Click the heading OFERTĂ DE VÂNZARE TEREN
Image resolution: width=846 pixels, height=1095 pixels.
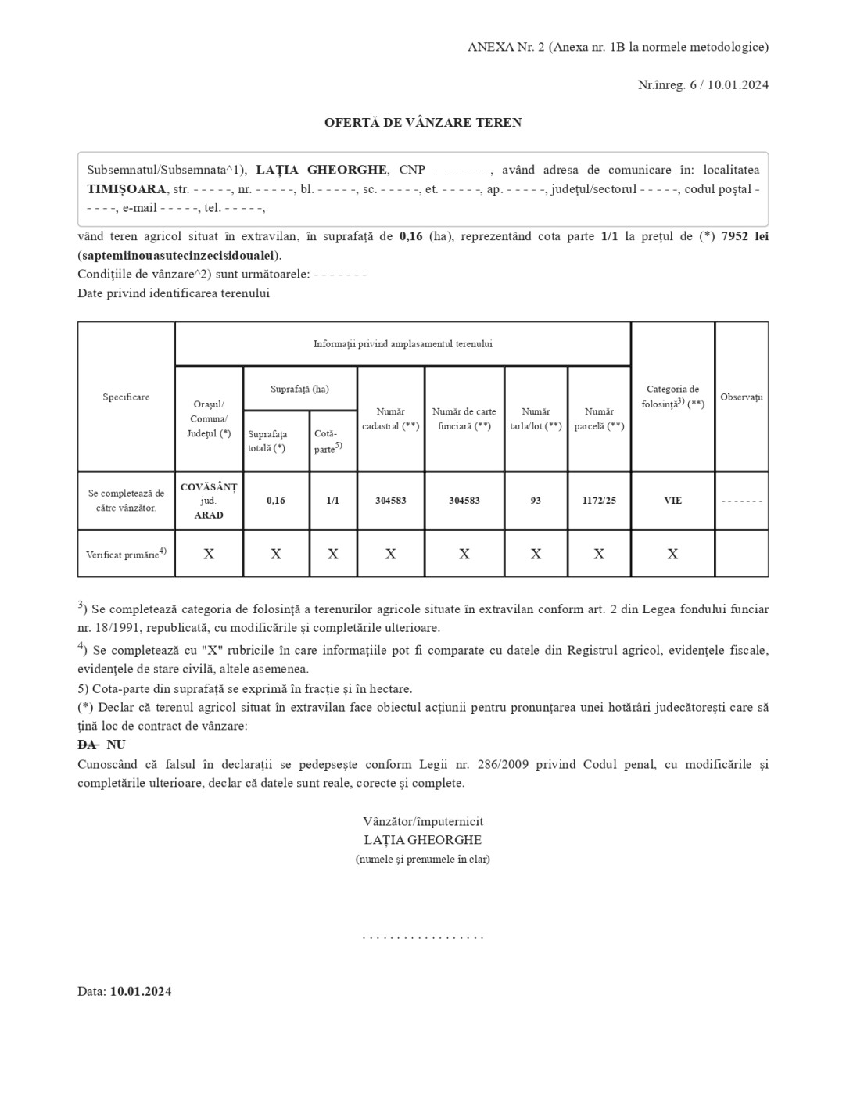(x=423, y=123)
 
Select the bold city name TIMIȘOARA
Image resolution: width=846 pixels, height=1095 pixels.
(x=127, y=189)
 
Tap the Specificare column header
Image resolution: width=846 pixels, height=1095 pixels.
(x=126, y=397)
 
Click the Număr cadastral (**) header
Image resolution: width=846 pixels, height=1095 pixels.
(x=390, y=419)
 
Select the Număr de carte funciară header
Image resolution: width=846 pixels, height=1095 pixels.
(x=464, y=419)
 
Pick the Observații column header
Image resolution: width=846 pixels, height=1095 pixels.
(x=741, y=397)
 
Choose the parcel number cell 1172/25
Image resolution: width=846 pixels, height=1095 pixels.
(x=599, y=501)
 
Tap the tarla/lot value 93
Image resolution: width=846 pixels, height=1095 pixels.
(x=536, y=501)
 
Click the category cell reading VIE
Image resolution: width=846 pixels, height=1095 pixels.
(x=672, y=501)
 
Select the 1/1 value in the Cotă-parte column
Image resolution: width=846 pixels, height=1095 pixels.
(x=332, y=501)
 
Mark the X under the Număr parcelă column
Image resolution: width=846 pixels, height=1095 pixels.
(x=599, y=555)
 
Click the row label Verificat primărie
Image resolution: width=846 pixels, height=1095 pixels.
(x=125, y=555)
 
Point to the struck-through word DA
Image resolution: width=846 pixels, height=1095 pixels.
(x=87, y=745)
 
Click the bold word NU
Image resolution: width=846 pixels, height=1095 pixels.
(x=116, y=745)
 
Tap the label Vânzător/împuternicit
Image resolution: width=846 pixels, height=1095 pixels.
(x=423, y=821)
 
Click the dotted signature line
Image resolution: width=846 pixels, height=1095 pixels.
(x=423, y=936)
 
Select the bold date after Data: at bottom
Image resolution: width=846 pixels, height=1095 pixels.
(x=141, y=992)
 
